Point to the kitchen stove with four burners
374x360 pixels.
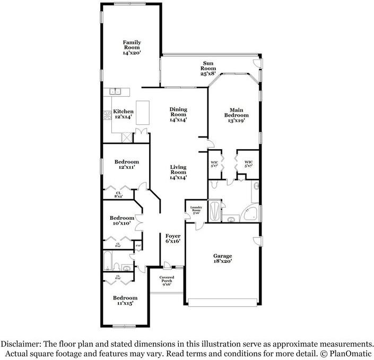click(x=107, y=114)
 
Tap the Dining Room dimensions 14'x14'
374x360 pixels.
click(x=178, y=120)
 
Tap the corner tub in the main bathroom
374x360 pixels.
click(x=250, y=214)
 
